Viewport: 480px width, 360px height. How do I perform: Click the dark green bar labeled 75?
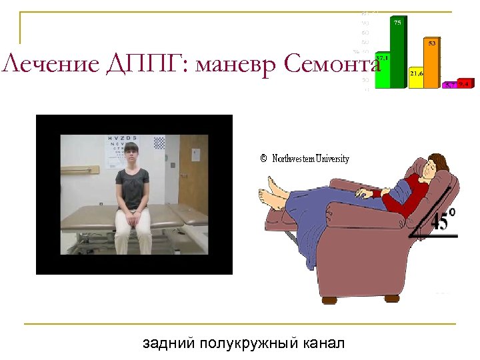tap(398, 53)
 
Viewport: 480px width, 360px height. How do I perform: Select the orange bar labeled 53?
tap(433, 64)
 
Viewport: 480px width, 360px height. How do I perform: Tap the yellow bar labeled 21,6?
tap(417, 77)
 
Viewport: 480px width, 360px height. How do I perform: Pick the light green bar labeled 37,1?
tap(383, 71)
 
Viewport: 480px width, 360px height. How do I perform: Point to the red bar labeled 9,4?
tap(464, 85)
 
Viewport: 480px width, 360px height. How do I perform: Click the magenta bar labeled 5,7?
tap(451, 85)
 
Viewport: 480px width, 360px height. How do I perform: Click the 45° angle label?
tap(443, 221)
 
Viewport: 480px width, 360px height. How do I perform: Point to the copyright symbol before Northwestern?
tap(263, 159)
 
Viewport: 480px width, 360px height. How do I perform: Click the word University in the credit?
tap(332, 159)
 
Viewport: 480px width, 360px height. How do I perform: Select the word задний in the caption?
tap(166, 344)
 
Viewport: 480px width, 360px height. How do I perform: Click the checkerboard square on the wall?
tap(159, 143)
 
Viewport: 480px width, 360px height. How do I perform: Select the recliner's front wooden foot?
tap(329, 301)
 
